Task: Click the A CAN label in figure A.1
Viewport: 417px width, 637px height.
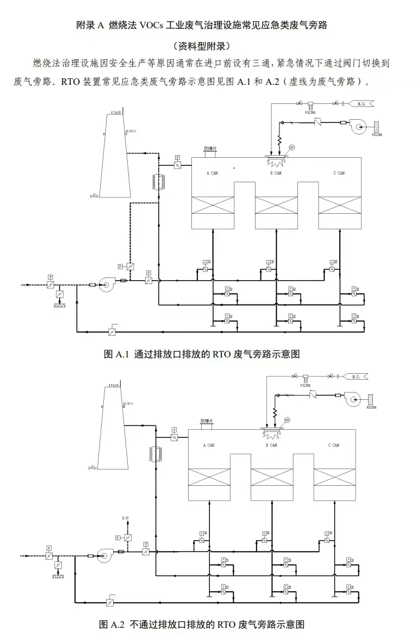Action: click(x=211, y=173)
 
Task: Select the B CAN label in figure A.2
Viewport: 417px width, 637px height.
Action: click(x=271, y=445)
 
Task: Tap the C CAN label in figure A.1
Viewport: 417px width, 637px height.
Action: click(x=339, y=173)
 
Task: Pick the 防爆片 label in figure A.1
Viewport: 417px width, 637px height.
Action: click(x=210, y=148)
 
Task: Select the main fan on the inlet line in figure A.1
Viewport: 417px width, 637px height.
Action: click(x=107, y=285)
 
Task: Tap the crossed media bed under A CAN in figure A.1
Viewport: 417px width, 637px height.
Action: click(x=214, y=206)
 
